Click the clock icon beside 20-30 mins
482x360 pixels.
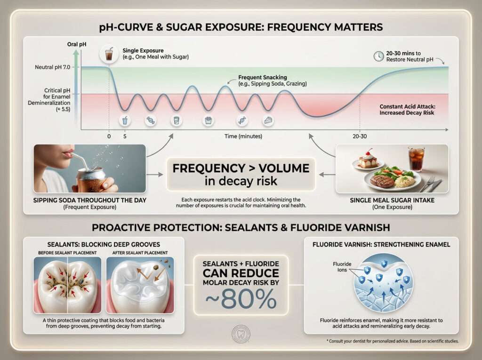click(x=378, y=56)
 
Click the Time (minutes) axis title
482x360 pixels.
click(x=243, y=136)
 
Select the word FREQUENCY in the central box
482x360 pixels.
click(x=210, y=168)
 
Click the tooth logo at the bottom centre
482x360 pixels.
click(x=241, y=336)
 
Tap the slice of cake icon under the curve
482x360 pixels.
click(x=268, y=120)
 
